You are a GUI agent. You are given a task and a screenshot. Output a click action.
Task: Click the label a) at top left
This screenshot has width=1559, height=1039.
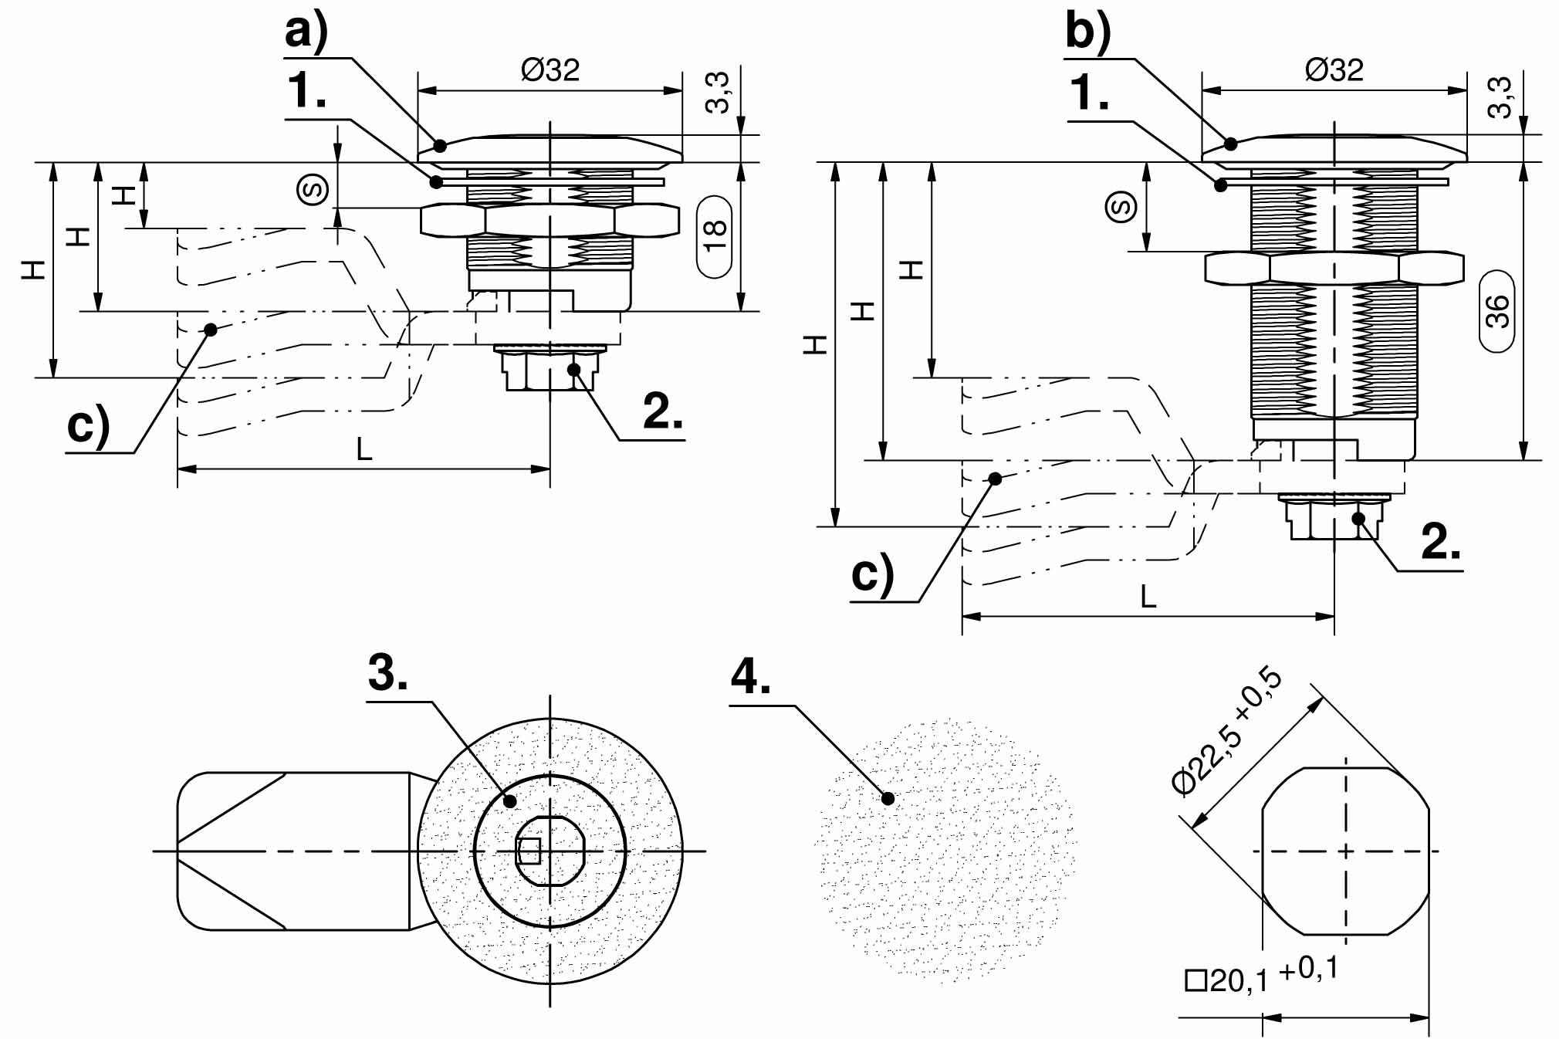pyautogui.click(x=306, y=32)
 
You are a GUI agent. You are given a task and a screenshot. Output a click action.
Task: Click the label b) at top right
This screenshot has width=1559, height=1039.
pyautogui.click(x=1087, y=32)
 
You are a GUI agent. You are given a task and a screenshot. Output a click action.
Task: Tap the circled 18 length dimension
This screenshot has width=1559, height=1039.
pyautogui.click(x=715, y=236)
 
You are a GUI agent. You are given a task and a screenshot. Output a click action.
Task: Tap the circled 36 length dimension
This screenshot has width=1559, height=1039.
pyautogui.click(x=1496, y=311)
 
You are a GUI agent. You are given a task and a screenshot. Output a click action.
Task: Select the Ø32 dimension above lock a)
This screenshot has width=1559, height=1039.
pyautogui.click(x=550, y=70)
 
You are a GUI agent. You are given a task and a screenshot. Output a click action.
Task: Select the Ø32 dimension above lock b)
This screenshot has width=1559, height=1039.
pyautogui.click(x=1334, y=70)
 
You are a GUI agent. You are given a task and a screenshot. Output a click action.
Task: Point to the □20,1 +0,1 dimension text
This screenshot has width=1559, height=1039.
pyautogui.click(x=1260, y=975)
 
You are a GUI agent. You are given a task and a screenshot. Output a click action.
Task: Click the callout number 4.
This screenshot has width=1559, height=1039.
pyautogui.click(x=750, y=677)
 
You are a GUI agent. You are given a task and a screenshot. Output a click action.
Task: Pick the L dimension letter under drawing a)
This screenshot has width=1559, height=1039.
pyautogui.click(x=364, y=448)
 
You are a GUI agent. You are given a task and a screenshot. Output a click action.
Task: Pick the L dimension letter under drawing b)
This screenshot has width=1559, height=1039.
pyautogui.click(x=1148, y=597)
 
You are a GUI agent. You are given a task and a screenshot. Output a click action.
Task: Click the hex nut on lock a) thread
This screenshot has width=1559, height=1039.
pyautogui.click(x=550, y=220)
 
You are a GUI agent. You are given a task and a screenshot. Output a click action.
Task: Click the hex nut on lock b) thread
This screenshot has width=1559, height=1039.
pyautogui.click(x=1334, y=268)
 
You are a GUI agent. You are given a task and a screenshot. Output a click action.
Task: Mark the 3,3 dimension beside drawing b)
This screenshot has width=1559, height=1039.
pyautogui.click(x=1500, y=97)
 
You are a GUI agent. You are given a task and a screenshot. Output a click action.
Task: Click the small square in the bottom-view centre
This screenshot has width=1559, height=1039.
pyautogui.click(x=529, y=851)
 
